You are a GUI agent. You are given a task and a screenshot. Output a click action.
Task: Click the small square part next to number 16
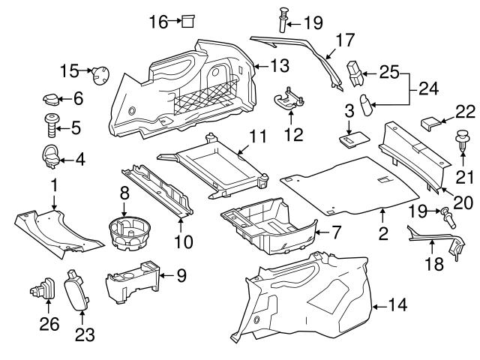tap(188, 21)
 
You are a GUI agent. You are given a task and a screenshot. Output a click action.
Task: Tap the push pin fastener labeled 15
tap(98, 73)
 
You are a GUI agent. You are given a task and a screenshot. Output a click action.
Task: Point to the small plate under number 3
tap(351, 139)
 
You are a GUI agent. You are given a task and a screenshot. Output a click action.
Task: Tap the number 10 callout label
tap(183, 242)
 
